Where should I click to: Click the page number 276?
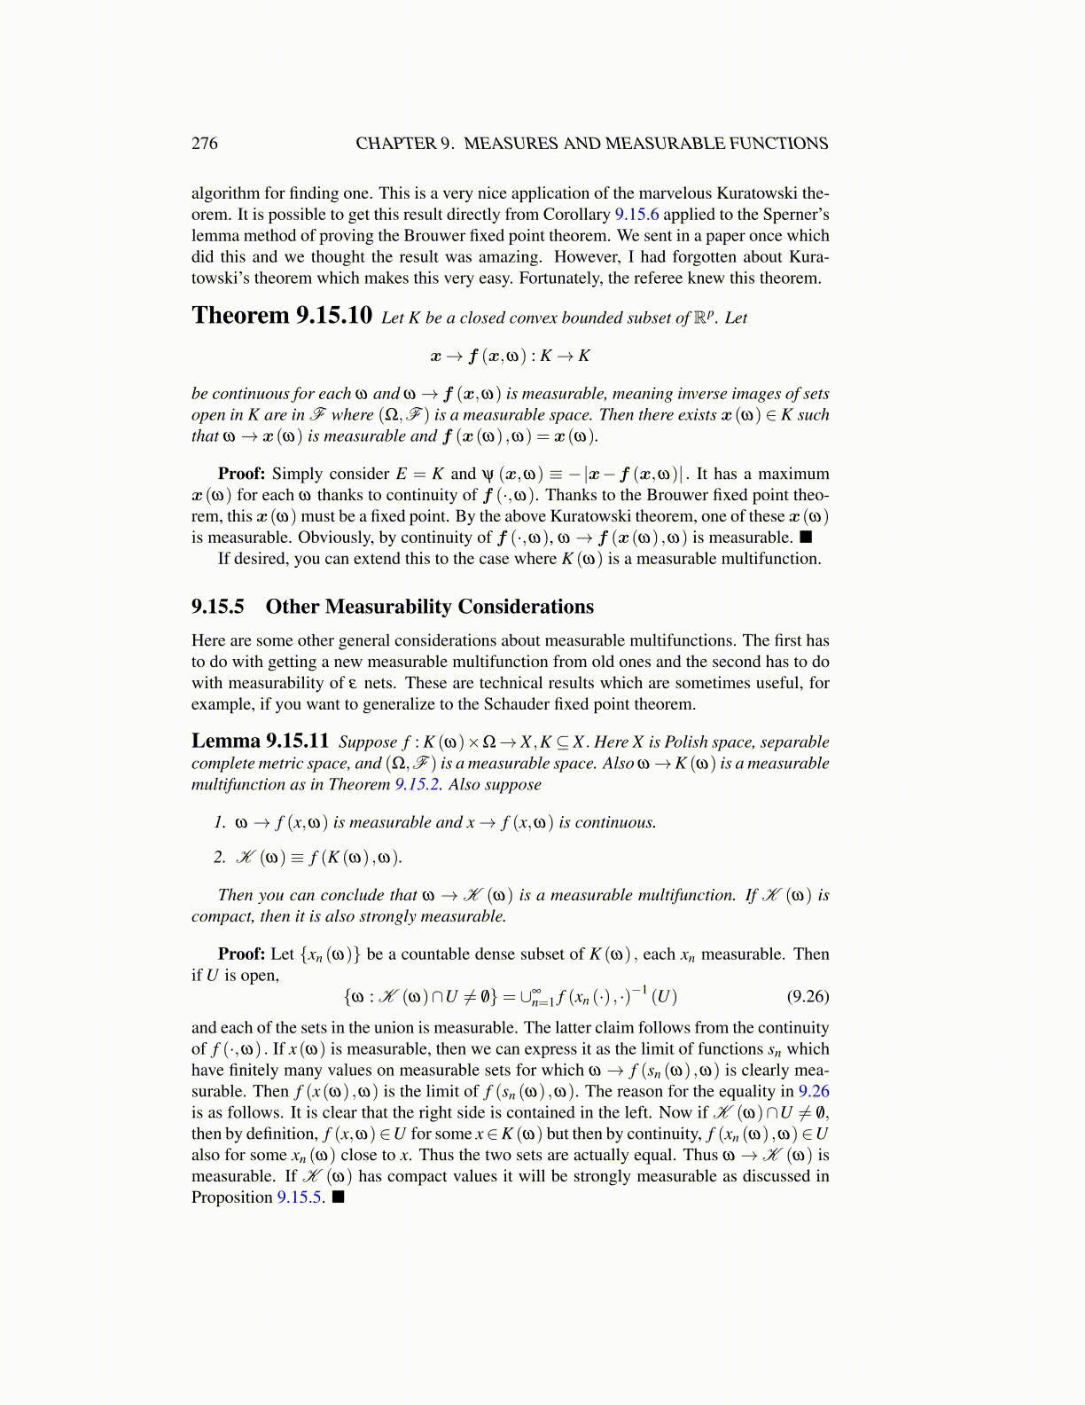[x=204, y=144]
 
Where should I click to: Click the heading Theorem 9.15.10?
[x=281, y=316]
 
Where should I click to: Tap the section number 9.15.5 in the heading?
[x=217, y=607]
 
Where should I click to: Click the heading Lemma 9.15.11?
[x=260, y=742]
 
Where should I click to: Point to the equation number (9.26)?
[x=808, y=996]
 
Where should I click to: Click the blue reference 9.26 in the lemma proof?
[x=814, y=1092]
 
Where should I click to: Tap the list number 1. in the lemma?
[x=220, y=822]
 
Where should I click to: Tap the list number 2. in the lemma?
[x=220, y=857]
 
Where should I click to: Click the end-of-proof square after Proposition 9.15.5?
[x=338, y=1197]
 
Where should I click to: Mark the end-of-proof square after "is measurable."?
[x=805, y=538]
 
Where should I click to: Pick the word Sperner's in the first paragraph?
[x=796, y=215]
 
